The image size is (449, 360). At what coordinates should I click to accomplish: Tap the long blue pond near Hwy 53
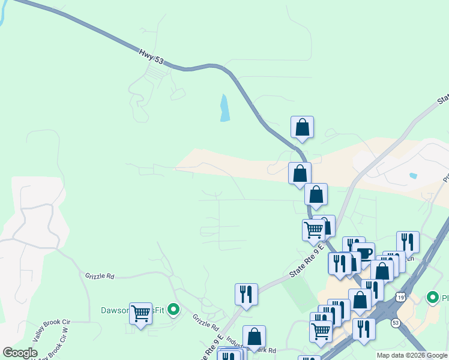click(x=224, y=108)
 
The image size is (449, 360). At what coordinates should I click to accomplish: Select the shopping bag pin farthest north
click(x=302, y=128)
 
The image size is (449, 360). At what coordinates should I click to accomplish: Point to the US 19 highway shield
click(x=400, y=297)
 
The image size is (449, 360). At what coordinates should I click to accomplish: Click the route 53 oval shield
click(x=396, y=323)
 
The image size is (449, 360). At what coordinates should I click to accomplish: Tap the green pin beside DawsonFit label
click(x=173, y=310)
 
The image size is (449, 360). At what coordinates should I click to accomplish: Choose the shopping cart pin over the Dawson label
click(x=140, y=313)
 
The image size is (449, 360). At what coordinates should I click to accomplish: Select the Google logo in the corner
click(x=20, y=353)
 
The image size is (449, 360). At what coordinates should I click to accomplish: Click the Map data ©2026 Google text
click(x=412, y=356)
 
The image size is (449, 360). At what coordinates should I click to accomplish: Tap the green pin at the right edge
click(x=432, y=297)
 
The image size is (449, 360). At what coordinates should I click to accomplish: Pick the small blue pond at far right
click(x=413, y=176)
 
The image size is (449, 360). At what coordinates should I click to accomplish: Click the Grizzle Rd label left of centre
click(x=100, y=277)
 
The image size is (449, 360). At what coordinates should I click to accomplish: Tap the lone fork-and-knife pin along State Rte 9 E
click(x=246, y=294)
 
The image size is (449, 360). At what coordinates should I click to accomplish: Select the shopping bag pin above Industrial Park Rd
click(x=254, y=337)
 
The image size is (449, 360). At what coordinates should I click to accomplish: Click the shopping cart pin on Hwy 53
click(x=313, y=230)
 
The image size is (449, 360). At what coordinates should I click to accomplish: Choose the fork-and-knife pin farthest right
click(x=408, y=242)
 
